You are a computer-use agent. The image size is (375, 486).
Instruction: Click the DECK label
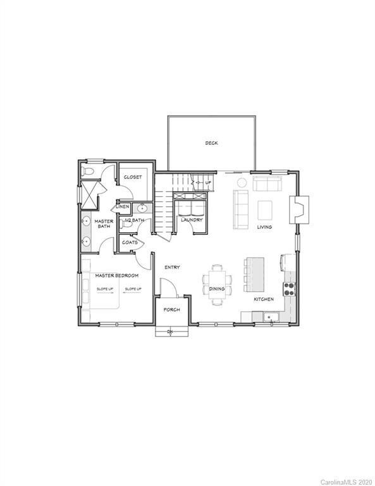click(211, 143)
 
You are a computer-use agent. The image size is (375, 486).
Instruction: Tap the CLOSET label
click(133, 177)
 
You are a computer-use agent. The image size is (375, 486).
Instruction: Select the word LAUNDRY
click(191, 220)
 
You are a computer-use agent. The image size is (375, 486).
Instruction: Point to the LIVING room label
click(264, 227)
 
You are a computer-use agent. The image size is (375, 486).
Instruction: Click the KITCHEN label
click(264, 299)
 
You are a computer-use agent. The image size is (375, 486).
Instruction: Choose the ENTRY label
click(172, 267)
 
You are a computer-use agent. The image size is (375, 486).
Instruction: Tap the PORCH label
click(171, 309)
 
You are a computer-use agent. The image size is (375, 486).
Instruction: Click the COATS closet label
click(130, 242)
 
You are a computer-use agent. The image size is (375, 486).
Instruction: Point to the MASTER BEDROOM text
click(117, 276)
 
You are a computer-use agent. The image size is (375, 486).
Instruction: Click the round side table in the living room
click(242, 183)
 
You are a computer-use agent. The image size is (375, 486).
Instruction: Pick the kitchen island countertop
click(255, 274)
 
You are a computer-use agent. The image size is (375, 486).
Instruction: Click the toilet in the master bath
click(89, 172)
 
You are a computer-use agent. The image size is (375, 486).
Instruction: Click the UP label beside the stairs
click(208, 183)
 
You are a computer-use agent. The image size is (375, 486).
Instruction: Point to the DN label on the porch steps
click(170, 332)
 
